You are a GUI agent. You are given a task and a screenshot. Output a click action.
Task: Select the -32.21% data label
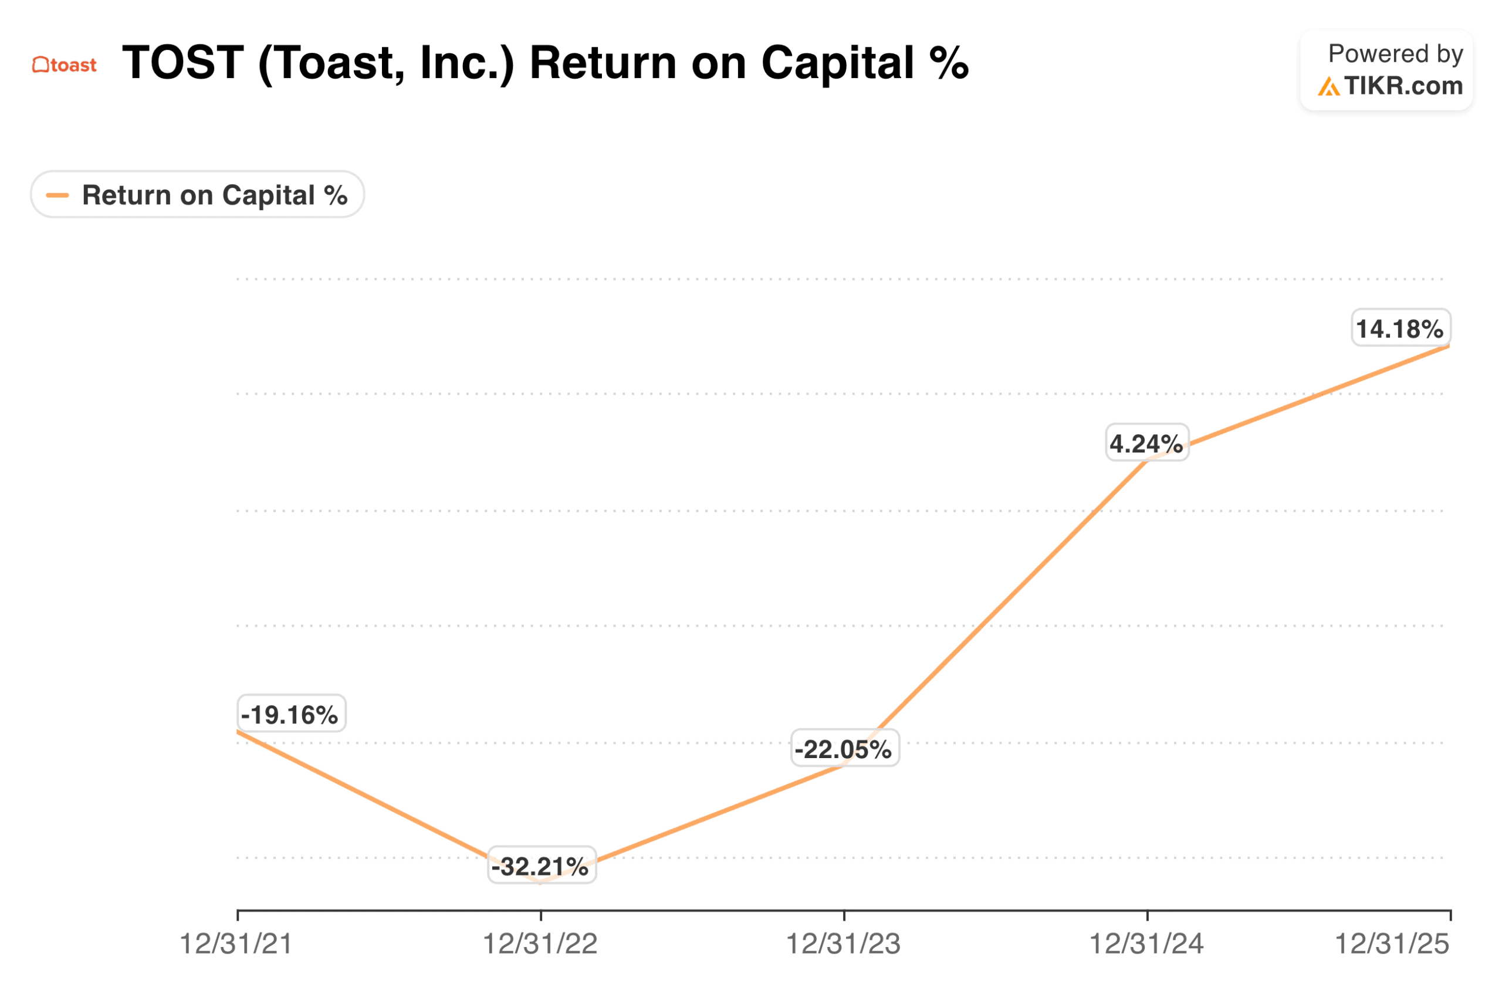tap(542, 866)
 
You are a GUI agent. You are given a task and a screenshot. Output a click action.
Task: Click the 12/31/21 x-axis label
tap(236, 944)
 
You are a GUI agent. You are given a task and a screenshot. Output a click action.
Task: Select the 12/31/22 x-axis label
tap(540, 944)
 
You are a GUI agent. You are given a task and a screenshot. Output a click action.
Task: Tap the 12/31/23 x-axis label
tap(843, 944)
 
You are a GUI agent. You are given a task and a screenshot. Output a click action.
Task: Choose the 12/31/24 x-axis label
tap(1146, 944)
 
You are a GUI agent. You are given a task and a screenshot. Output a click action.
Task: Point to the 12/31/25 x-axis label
tap(1392, 944)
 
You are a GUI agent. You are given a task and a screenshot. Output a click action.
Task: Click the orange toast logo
tap(65, 65)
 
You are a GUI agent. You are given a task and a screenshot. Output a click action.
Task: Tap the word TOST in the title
tap(183, 63)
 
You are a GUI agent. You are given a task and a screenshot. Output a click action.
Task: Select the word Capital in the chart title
tap(837, 63)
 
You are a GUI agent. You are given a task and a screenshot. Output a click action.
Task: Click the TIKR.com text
tap(1403, 86)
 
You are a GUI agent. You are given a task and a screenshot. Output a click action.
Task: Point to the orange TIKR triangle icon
tap(1328, 87)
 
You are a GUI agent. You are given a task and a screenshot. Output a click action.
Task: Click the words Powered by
tap(1395, 54)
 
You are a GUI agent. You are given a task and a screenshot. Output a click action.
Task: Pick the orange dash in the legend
tap(57, 195)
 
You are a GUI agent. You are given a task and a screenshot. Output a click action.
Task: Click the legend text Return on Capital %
tap(215, 195)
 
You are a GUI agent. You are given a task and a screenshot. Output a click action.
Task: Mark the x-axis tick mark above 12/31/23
tap(844, 915)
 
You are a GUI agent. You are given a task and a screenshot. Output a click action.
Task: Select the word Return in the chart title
tap(603, 63)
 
